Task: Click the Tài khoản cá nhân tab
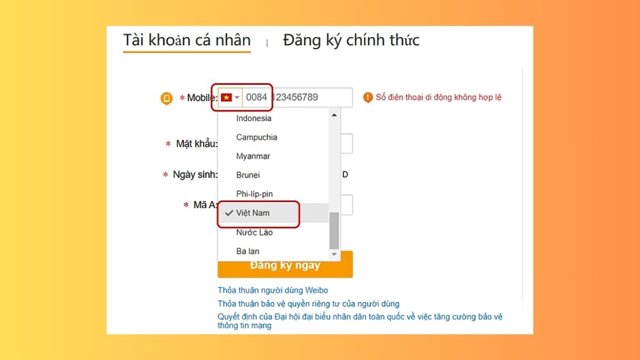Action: (187, 41)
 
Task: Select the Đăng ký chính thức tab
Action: (351, 41)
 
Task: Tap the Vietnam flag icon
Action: (226, 98)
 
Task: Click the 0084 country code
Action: (257, 98)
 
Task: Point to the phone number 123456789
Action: (295, 98)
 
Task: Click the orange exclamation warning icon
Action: (367, 97)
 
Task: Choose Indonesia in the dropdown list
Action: (254, 118)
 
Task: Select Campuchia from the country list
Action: (257, 137)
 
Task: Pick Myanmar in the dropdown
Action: (253, 156)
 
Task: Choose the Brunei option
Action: (248, 175)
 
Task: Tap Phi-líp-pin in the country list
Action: (254, 194)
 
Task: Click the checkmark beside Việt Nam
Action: (229, 213)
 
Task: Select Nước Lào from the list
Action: (254, 232)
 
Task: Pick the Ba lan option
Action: (247, 251)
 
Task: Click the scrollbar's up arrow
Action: (334, 115)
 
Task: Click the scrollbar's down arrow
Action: (334, 255)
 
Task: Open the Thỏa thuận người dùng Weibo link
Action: (273, 291)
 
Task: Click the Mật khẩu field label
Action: (197, 144)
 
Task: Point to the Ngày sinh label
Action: (195, 175)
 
